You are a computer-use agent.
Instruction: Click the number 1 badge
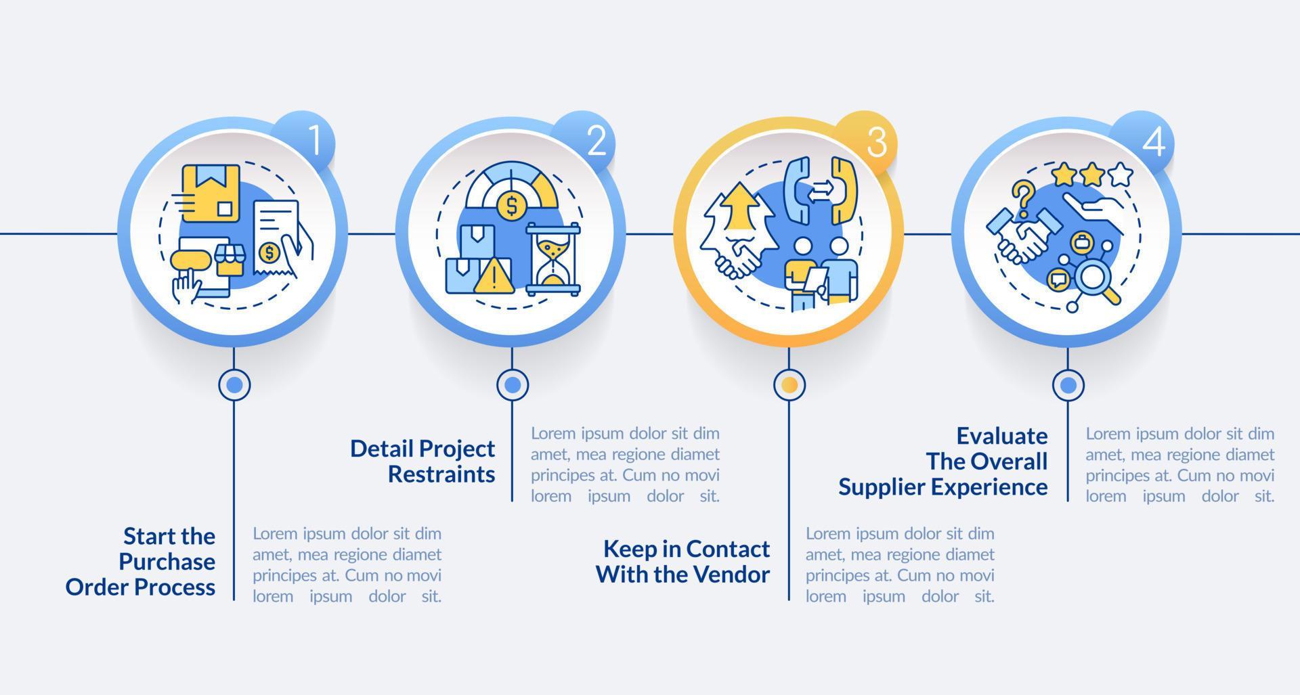tap(313, 140)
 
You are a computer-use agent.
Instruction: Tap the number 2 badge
tap(595, 140)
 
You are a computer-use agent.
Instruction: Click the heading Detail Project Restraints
tap(423, 461)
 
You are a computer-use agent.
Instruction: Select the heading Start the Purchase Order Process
tap(141, 561)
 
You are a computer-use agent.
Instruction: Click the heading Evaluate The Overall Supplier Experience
tap(943, 461)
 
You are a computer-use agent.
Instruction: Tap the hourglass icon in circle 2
tap(553, 259)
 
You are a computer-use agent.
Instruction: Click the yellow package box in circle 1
tap(211, 193)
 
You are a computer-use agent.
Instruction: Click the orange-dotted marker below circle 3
tap(789, 385)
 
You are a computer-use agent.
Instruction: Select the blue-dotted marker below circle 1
tap(234, 385)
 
